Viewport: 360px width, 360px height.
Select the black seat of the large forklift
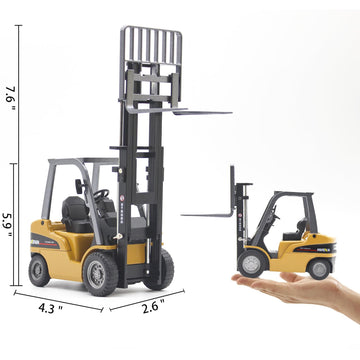(74, 211)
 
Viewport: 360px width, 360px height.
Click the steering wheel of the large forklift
(101, 193)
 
